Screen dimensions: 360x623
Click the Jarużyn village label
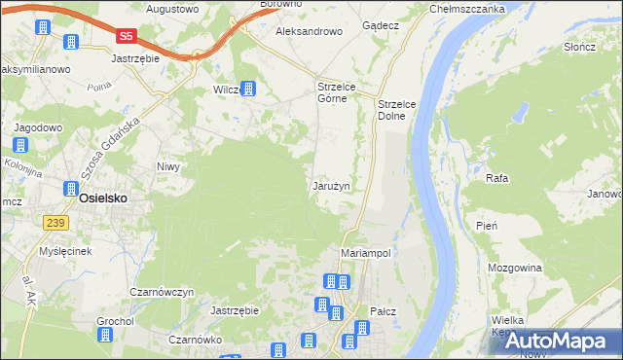pyautogui.click(x=331, y=185)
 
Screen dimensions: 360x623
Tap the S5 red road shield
pyautogui.click(x=126, y=36)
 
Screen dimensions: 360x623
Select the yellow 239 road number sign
pyautogui.click(x=55, y=223)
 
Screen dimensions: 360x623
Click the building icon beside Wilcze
pyautogui.click(x=249, y=90)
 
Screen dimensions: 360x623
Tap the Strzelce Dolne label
pyautogui.click(x=397, y=109)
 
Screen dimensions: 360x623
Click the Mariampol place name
pyautogui.click(x=366, y=252)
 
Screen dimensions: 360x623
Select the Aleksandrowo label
pyautogui.click(x=310, y=31)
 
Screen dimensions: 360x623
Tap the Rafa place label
pyautogui.click(x=497, y=179)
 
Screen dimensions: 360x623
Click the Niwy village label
pyautogui.click(x=169, y=166)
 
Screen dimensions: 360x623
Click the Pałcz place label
pyautogui.click(x=382, y=311)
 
